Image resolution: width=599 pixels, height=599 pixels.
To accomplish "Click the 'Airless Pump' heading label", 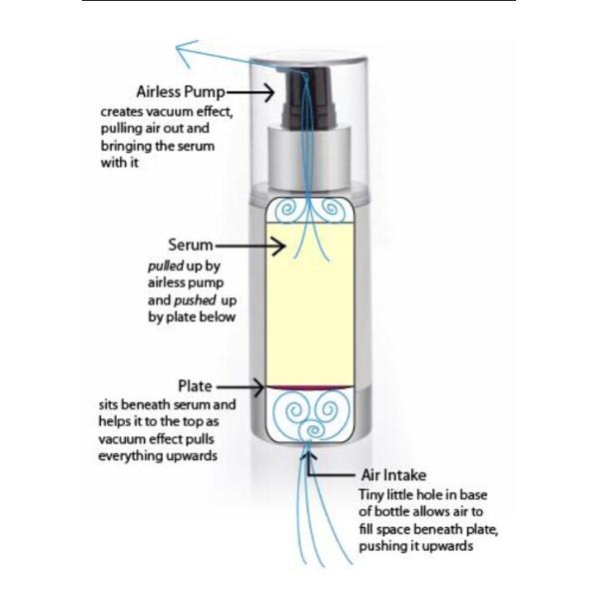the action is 181,93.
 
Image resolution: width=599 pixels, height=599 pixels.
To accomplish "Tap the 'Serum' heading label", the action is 191,245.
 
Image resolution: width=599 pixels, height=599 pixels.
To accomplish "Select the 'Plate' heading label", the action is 195,386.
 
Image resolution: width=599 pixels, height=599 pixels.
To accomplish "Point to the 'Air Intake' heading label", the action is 393,475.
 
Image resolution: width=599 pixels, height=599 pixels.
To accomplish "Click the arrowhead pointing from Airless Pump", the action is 269,93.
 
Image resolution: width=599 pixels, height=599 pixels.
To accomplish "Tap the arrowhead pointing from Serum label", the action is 280,246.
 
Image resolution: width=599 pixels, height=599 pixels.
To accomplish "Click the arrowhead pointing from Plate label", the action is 259,387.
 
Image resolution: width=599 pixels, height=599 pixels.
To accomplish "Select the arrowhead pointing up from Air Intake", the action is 308,456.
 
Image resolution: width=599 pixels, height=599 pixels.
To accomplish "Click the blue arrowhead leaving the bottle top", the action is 186,51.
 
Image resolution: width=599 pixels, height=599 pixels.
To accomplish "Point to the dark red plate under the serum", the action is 309,388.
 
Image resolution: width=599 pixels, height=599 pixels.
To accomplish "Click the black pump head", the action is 308,97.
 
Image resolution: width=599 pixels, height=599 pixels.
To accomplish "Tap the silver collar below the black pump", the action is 309,159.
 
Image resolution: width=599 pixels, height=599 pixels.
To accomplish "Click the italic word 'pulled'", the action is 166,266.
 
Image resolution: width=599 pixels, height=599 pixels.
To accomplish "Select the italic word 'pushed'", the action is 195,300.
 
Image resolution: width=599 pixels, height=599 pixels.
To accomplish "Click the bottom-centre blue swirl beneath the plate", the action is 314,430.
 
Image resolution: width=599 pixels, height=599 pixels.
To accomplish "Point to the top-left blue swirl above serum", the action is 287,210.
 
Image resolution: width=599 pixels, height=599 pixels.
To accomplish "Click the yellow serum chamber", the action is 309,304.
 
